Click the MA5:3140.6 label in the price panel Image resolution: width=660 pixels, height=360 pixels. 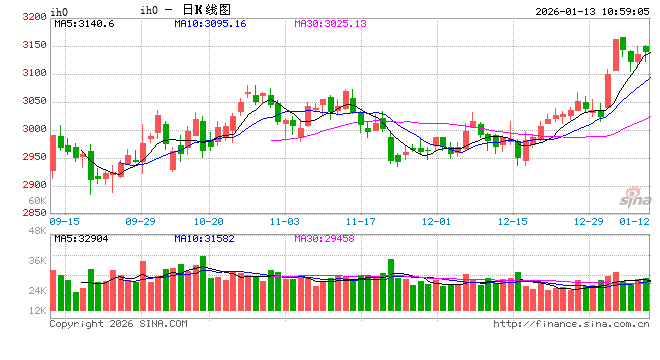tap(85, 23)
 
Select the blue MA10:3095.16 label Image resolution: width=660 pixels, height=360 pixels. tap(210, 23)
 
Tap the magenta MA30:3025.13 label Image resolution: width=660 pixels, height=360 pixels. tap(330, 23)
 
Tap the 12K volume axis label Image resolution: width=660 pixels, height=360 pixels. tap(37, 311)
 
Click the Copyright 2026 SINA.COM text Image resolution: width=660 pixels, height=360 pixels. tap(118, 323)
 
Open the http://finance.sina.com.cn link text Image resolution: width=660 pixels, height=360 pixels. tap(571, 323)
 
